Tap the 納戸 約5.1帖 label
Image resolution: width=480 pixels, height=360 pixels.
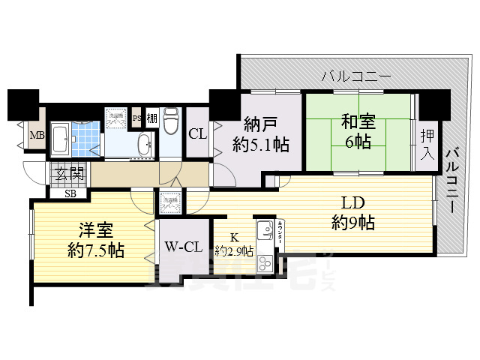[260, 134]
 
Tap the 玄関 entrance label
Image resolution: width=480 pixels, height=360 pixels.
[68, 176]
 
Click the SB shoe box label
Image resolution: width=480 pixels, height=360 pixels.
[70, 193]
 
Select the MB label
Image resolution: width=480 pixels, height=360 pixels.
[35, 136]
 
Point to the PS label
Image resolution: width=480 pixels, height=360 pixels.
[136, 118]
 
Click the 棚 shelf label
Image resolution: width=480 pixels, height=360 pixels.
[151, 118]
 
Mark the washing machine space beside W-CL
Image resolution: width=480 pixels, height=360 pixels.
[166, 202]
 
